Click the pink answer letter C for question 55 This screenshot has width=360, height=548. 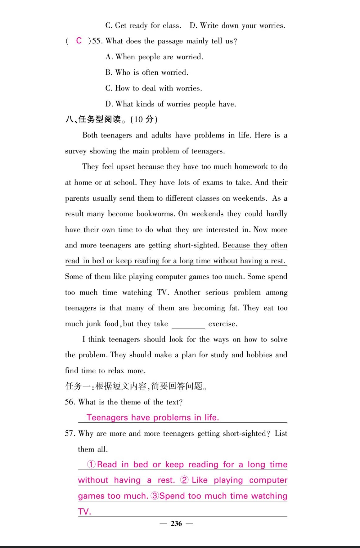79,41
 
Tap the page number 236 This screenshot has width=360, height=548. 176,523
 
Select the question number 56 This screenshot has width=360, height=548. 70,402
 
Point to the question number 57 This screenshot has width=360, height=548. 70,433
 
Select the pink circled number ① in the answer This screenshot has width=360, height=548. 91,464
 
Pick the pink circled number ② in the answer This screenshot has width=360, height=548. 184,480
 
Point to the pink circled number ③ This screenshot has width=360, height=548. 155,496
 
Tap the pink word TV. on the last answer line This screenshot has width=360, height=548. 84,511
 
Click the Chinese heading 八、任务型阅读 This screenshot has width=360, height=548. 93,119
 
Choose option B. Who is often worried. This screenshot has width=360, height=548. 147,72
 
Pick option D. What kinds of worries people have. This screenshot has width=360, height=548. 171,104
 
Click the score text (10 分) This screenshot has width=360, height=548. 144,119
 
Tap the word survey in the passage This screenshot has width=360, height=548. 75,151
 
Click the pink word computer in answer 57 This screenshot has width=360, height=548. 268,480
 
